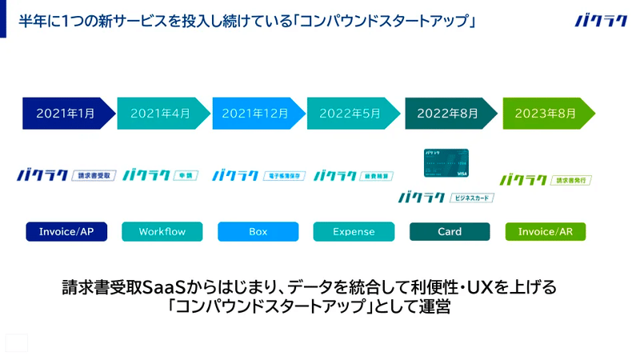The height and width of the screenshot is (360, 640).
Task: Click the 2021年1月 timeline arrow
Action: click(x=66, y=113)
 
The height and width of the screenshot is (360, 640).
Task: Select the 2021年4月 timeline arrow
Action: click(x=160, y=113)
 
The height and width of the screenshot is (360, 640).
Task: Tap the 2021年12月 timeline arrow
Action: click(x=255, y=113)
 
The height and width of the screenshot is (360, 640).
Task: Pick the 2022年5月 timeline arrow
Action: click(x=350, y=113)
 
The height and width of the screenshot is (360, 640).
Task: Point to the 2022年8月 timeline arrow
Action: click(x=448, y=113)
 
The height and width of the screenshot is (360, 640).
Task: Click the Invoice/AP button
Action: click(x=66, y=232)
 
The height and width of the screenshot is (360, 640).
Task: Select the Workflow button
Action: click(x=162, y=232)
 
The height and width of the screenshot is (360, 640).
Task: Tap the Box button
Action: click(x=258, y=232)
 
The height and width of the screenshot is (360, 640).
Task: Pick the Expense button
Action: click(x=354, y=232)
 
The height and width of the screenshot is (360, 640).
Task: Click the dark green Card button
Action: click(x=450, y=232)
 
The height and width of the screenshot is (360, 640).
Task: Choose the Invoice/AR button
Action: click(x=546, y=232)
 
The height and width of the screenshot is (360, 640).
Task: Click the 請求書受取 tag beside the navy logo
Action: click(x=95, y=174)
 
